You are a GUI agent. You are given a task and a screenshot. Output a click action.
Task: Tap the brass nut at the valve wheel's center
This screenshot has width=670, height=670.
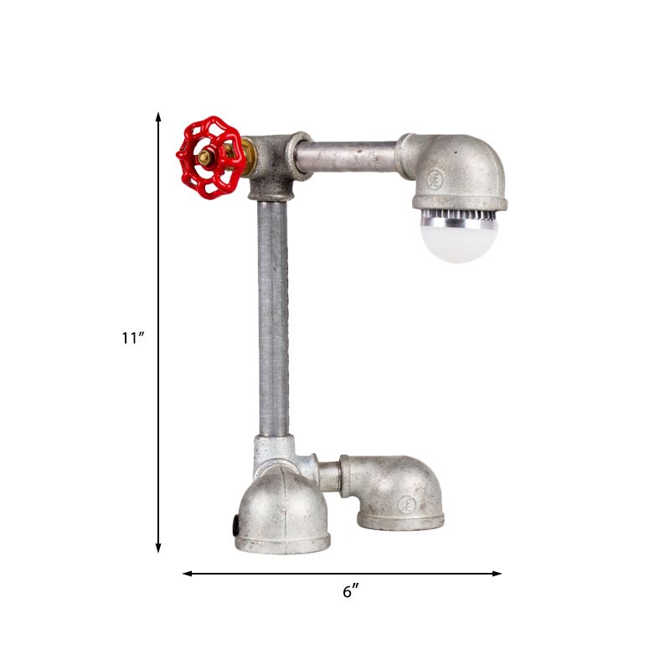205,158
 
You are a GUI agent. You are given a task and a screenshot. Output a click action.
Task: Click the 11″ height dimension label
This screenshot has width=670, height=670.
134,338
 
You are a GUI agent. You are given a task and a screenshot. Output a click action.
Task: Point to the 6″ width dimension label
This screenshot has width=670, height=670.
350,591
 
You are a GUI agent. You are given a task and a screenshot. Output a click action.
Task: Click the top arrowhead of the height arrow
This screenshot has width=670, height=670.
158,116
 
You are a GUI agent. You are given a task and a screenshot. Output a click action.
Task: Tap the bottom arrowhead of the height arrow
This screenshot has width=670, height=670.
158,548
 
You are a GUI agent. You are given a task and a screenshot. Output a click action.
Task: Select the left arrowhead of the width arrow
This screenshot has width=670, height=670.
187,574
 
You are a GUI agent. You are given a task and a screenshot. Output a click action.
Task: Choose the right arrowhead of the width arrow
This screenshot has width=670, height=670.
497,574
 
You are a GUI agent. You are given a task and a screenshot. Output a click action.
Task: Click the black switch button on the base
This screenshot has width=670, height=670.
235,526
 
